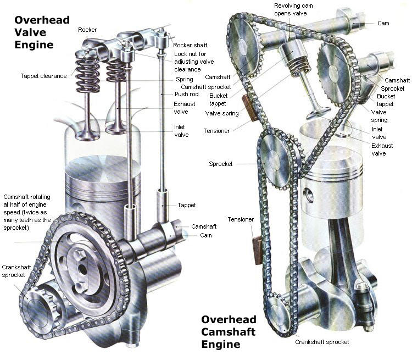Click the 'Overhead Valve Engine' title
pos(42,32)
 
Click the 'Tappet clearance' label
pos(44,76)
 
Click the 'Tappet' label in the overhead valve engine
pos(187,205)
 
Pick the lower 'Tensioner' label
pos(241,219)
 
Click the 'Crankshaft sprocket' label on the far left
pos(14,270)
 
